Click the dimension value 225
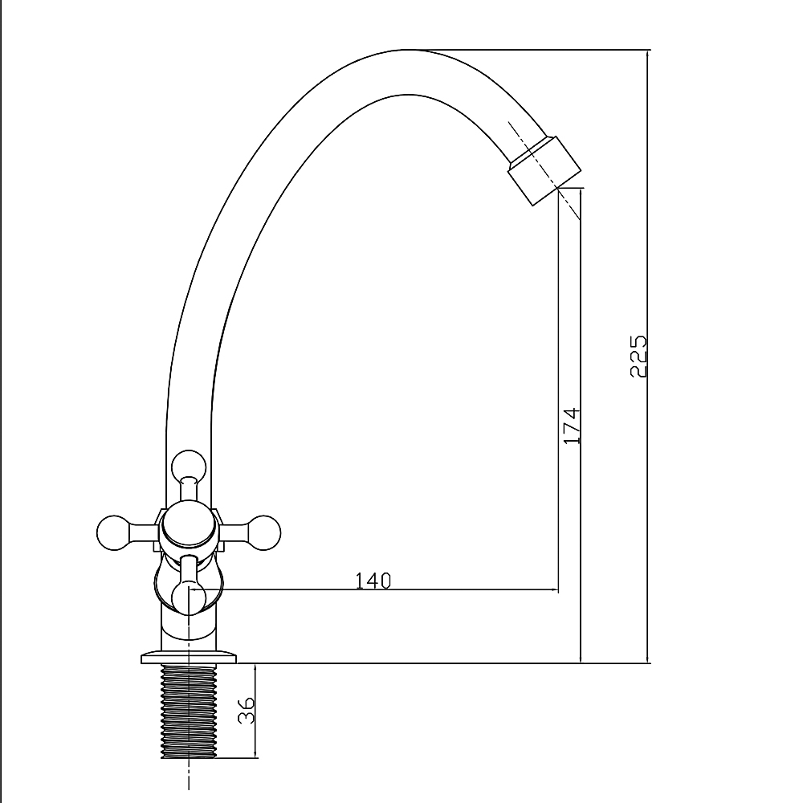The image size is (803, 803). [638, 357]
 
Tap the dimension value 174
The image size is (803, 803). [572, 426]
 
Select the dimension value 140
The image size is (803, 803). [373, 581]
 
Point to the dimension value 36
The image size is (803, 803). [247, 710]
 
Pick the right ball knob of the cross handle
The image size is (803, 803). [263, 532]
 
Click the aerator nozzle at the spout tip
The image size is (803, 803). [545, 170]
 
